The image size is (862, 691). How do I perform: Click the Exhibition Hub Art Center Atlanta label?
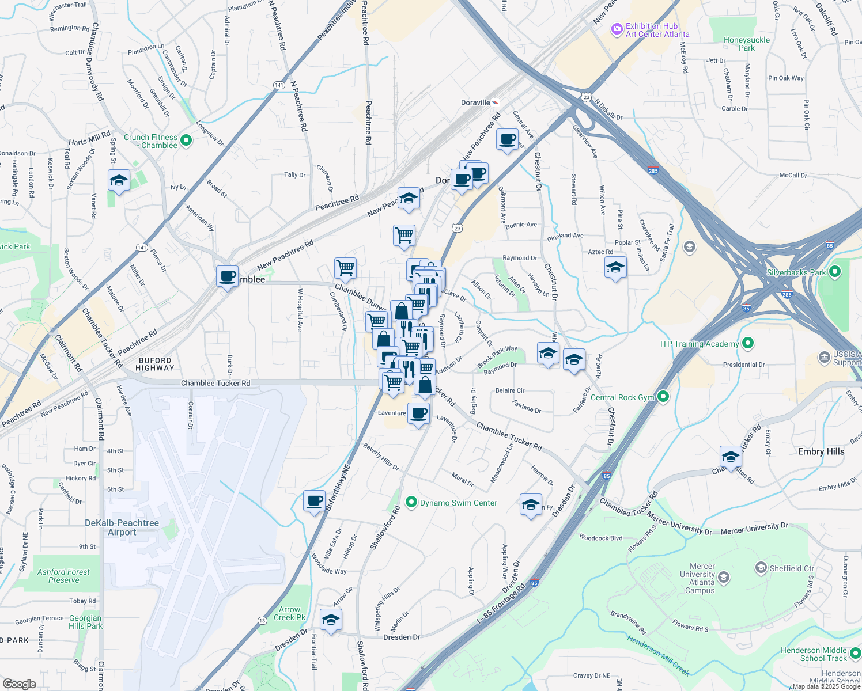[657, 30]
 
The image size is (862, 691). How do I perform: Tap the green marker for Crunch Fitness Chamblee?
[186, 140]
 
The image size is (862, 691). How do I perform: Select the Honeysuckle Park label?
[746, 44]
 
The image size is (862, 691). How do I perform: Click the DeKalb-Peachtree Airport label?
[122, 527]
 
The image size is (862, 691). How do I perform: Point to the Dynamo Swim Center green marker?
[411, 503]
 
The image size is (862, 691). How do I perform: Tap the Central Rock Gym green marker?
[663, 396]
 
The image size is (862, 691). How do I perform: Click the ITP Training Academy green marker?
[748, 344]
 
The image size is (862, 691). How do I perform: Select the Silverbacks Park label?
[796, 272]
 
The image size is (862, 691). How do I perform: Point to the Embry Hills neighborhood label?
[821, 451]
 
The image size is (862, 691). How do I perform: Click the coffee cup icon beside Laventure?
[419, 413]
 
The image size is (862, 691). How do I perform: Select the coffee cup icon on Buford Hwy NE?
[315, 500]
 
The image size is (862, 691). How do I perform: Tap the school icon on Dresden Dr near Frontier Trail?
[331, 620]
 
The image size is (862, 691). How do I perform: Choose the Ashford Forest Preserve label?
[63, 576]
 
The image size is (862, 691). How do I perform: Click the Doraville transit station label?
[475, 102]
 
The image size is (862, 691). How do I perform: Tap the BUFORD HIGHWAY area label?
[155, 364]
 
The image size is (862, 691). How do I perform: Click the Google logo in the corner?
[19, 684]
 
